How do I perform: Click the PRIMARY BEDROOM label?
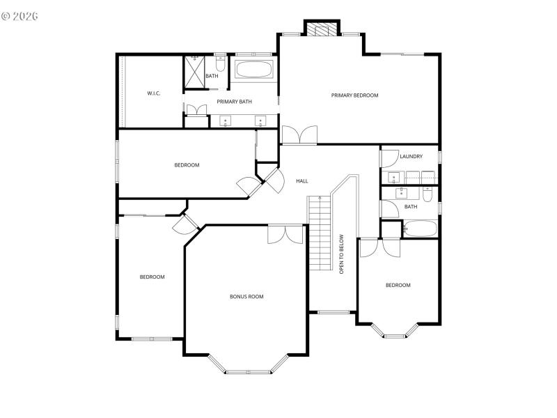click(x=354, y=95)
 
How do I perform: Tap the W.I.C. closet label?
click(x=154, y=93)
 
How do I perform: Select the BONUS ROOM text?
click(x=246, y=297)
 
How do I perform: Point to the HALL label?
click(x=302, y=181)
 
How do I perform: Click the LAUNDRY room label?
click(x=411, y=157)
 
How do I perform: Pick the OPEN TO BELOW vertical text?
click(x=342, y=254)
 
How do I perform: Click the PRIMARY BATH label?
click(x=234, y=102)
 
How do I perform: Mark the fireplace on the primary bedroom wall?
click(x=321, y=29)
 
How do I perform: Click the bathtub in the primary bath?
click(x=254, y=70)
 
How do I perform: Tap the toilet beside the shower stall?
click(x=220, y=65)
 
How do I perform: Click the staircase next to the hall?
click(x=317, y=233)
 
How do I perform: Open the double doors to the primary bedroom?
click(x=299, y=135)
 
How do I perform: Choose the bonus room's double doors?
click(x=285, y=234)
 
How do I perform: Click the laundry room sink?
click(x=393, y=176)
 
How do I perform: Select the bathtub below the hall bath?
click(x=421, y=229)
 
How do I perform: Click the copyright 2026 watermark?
click(x=20, y=15)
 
